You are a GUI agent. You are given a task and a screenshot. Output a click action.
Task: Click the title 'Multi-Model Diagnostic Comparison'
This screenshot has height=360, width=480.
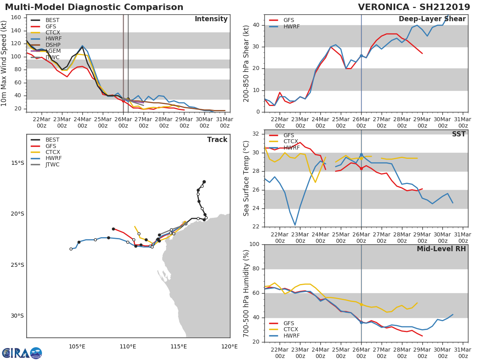click(x=94, y=7)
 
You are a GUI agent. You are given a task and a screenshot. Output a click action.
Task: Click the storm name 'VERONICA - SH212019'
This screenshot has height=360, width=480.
click(x=414, y=7)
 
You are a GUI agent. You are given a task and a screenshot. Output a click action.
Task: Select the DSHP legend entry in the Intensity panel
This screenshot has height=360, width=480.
click(x=53, y=45)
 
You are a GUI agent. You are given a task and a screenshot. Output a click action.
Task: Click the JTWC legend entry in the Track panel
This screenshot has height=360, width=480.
click(x=52, y=164)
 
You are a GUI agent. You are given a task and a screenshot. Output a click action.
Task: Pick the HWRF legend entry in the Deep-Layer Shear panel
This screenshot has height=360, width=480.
click(x=291, y=26)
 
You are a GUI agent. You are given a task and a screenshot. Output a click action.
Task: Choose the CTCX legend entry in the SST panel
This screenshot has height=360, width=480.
click(x=290, y=142)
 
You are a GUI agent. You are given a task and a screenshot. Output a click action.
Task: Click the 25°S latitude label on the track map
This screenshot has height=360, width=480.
click(x=18, y=265)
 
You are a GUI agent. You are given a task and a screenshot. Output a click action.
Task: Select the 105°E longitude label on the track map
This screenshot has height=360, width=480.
click(x=77, y=346)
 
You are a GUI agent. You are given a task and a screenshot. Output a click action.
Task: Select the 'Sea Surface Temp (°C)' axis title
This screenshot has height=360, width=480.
click(x=246, y=178)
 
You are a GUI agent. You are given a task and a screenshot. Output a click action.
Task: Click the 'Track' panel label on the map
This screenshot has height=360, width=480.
click(x=217, y=140)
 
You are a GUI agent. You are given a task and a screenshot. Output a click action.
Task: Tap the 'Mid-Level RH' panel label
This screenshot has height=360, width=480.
click(x=441, y=249)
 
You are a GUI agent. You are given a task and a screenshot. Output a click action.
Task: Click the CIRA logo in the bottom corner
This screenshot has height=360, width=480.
click(x=22, y=353)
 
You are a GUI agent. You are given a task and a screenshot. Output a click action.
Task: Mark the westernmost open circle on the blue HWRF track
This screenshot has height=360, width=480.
click(x=71, y=249)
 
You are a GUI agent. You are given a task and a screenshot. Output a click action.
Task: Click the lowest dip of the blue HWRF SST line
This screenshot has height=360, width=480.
click(x=295, y=225)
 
